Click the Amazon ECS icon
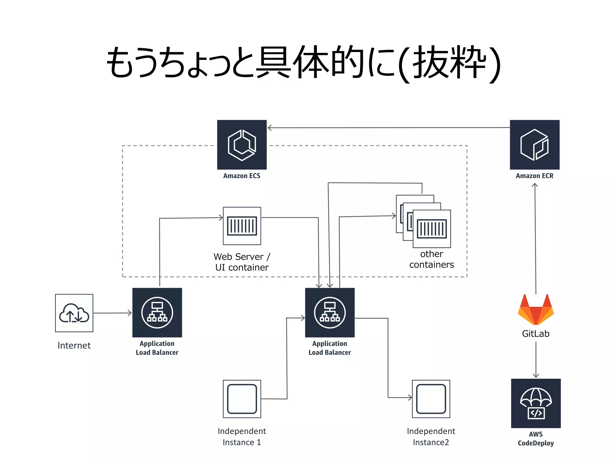pos(242,145)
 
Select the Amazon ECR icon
pos(535,145)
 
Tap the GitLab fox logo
pos(536,309)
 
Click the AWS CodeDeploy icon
pos(536,403)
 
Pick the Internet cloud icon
pos(74,313)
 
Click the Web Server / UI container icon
pos(242,226)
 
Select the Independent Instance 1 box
pos(242,399)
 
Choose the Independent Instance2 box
pos(431,399)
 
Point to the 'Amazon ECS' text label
pos(242,176)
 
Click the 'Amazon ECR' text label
pos(535,176)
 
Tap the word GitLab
pos(536,334)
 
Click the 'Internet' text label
pos(74,345)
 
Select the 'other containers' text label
pos(432,259)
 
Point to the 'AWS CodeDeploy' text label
pos(536,439)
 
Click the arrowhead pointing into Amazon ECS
pos(269,128)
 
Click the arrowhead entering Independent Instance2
pos(410,397)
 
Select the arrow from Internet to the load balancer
pos(112,313)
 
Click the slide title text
pos(304,63)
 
